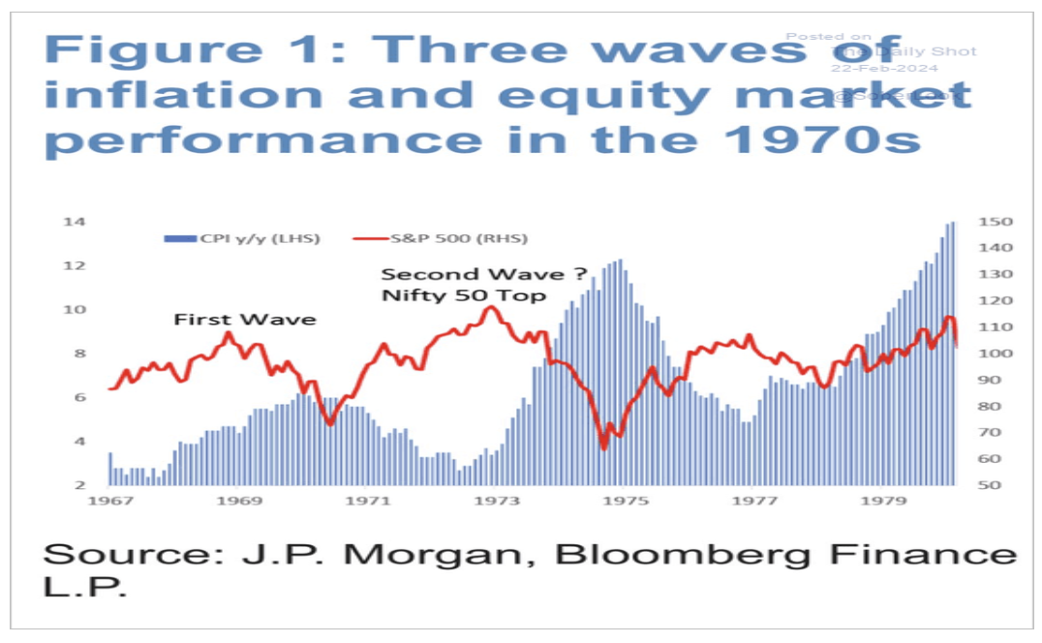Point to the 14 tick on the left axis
75,222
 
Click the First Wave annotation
245,319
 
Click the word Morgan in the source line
406,556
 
